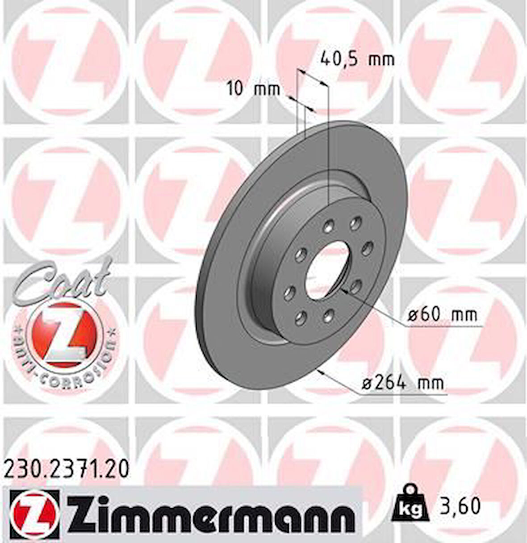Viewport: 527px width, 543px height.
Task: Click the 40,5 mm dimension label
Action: click(358, 58)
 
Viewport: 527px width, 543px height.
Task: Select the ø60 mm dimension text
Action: click(442, 315)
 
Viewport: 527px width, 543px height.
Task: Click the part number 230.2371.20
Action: click(67, 469)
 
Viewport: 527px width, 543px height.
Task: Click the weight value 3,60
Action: click(462, 506)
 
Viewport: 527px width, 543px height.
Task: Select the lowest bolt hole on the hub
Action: click(301, 317)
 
